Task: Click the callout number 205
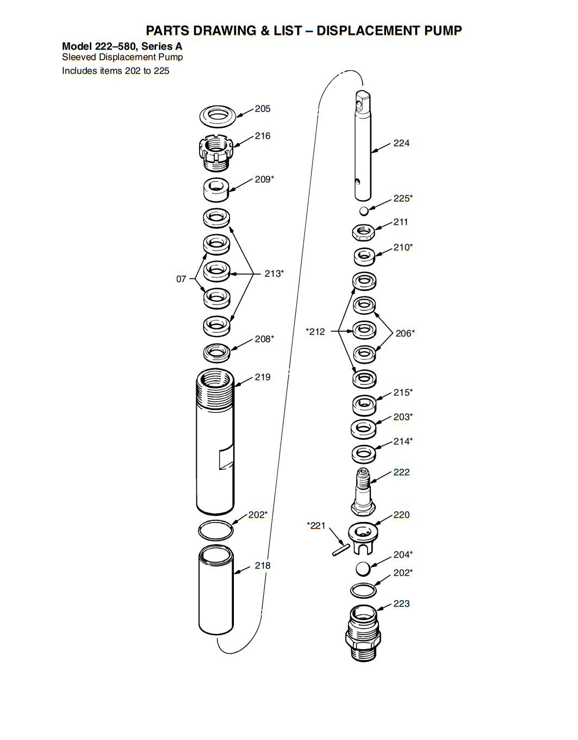click(263, 109)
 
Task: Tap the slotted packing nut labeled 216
click(216, 152)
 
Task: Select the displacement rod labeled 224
click(363, 145)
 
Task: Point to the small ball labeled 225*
click(364, 211)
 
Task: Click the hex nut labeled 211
click(364, 233)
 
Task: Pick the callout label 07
click(181, 279)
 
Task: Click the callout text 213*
click(274, 273)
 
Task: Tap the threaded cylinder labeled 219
click(215, 441)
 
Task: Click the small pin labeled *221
click(341, 550)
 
